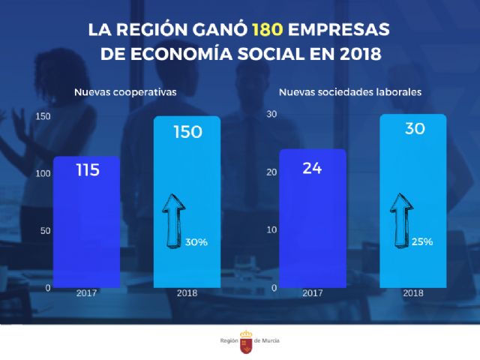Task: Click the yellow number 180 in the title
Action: coord(267,31)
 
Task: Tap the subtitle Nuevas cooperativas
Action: coord(124,92)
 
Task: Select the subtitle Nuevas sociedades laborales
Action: coord(349,92)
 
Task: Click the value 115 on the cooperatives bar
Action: coord(88,170)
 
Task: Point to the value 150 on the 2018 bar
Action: coord(187,132)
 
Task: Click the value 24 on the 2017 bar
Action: coord(312,167)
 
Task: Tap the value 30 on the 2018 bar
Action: coord(415,128)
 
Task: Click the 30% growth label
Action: coord(197,242)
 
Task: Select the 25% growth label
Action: coord(422,242)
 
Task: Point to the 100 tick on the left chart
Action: coord(43,174)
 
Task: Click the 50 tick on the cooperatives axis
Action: coord(46,231)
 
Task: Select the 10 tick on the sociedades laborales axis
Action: coord(272,230)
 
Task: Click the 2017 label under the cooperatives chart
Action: coord(86,292)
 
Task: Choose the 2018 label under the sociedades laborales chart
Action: coord(413,292)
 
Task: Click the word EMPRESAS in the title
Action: coord(340,31)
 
